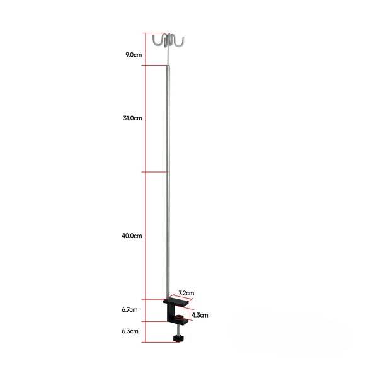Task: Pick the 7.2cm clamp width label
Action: point(186,293)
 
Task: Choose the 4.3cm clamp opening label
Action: point(200,314)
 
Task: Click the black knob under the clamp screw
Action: point(178,340)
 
